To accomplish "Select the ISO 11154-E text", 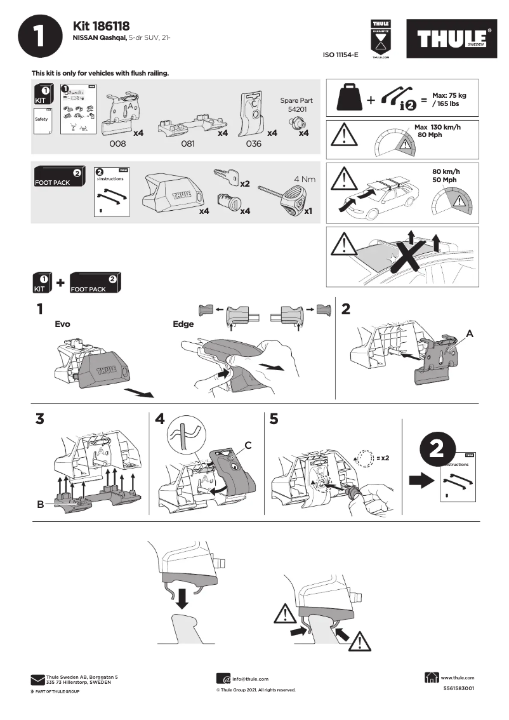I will (x=341, y=55).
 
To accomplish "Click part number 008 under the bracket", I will (x=118, y=144).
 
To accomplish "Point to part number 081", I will (x=187, y=144).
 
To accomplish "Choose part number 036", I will (x=253, y=144).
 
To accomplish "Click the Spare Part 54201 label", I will (x=296, y=105).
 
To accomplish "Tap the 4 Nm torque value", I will (x=304, y=179).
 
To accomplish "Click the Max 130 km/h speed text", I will (x=437, y=131).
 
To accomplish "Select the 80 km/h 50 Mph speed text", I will (x=446, y=176).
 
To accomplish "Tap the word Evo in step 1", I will (x=62, y=324).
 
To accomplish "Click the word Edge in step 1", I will (x=183, y=324).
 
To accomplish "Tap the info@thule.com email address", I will (x=250, y=679).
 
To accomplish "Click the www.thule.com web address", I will (x=457, y=677).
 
